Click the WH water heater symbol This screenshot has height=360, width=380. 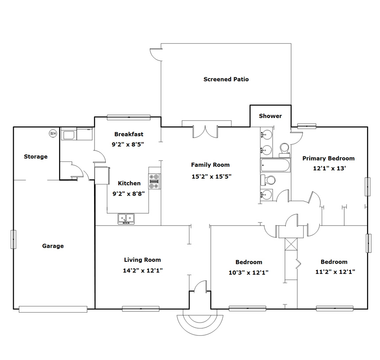click(x=53, y=133)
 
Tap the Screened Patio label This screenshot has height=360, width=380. click(x=226, y=79)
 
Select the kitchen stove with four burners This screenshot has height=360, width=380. click(x=154, y=181)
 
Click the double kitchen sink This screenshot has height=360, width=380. click(x=126, y=218)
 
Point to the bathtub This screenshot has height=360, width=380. click(x=275, y=165)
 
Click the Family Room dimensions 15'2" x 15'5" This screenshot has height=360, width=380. click(x=211, y=176)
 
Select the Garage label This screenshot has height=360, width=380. click(x=53, y=246)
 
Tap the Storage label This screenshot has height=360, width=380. click(x=36, y=157)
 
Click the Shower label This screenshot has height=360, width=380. click(x=270, y=116)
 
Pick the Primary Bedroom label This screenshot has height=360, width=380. click(x=328, y=158)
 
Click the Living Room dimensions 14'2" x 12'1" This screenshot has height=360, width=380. click(x=142, y=270)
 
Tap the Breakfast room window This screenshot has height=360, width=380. click(x=129, y=117)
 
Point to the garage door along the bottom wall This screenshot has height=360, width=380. click(x=53, y=309)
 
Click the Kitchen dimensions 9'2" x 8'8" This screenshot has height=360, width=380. click(x=129, y=194)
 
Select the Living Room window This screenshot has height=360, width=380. click(x=141, y=309)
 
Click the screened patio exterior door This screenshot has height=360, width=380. click(x=156, y=54)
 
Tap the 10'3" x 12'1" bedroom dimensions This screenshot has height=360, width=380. click(x=248, y=272)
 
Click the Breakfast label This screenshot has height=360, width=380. click(x=129, y=134)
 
